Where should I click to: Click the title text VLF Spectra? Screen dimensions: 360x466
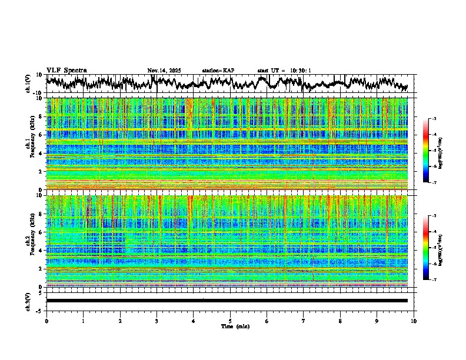[x=66, y=70]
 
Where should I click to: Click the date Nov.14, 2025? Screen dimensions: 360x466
[x=164, y=71]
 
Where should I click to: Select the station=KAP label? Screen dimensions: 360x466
[x=218, y=71]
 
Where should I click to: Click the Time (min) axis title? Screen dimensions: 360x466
[x=230, y=326]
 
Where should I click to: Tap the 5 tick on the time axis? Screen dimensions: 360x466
[x=230, y=321]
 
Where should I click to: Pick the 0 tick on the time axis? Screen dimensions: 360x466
[x=46, y=321]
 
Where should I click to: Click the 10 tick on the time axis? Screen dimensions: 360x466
[x=414, y=321]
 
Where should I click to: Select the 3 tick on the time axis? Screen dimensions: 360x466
[x=157, y=321]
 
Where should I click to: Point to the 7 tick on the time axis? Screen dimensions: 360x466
[x=304, y=321]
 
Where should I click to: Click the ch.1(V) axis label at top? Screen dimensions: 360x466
[x=28, y=84]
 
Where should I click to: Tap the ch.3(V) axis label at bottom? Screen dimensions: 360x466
[x=28, y=301]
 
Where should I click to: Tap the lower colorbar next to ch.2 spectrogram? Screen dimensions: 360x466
[x=427, y=248]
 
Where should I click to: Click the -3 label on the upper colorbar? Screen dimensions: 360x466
[x=433, y=119]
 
